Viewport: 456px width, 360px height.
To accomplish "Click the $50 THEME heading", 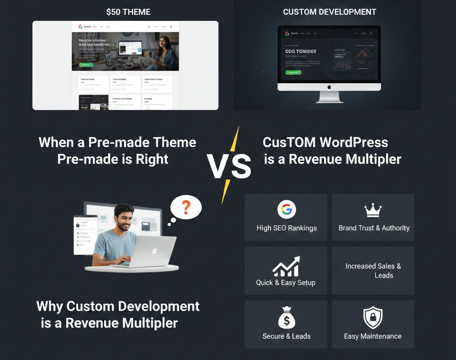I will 128,12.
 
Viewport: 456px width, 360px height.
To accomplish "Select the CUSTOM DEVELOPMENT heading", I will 330,12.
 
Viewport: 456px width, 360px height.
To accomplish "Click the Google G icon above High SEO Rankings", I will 286,210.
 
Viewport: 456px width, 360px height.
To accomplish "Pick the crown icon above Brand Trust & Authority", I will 373,210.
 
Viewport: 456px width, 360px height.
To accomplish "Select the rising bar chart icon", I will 286,267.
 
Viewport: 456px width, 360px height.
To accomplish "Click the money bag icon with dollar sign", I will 286,318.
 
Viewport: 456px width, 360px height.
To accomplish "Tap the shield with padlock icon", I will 373,318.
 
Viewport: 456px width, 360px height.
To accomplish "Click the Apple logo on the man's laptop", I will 155,251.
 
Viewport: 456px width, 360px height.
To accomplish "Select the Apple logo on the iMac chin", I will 330,87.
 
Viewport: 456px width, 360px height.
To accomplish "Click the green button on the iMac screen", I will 293,73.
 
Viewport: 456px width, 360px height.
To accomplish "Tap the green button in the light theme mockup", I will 86,65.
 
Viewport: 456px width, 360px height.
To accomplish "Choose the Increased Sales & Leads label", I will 373,271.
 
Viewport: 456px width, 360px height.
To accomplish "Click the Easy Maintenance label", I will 373,336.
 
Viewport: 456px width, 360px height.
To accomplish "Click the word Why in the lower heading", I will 49,306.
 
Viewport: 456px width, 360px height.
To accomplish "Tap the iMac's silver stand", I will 330,97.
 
